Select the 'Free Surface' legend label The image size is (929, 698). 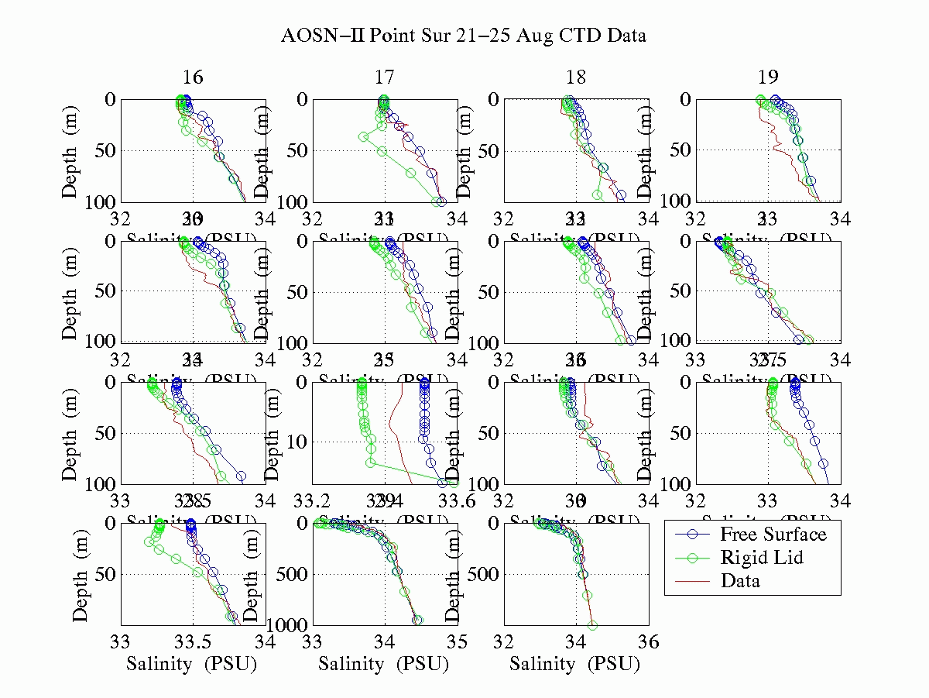pos(773,535)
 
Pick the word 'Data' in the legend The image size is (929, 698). pos(740,581)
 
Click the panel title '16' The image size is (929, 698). pos(193,77)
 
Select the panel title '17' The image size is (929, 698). pos(385,77)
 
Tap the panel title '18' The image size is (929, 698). pos(576,77)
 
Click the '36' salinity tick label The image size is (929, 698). pos(648,641)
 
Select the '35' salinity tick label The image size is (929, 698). pos(458,641)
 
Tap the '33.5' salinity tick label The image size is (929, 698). pos(193,641)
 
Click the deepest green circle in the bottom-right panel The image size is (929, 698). pos(592,625)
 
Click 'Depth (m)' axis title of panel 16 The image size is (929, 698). pos(71,150)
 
